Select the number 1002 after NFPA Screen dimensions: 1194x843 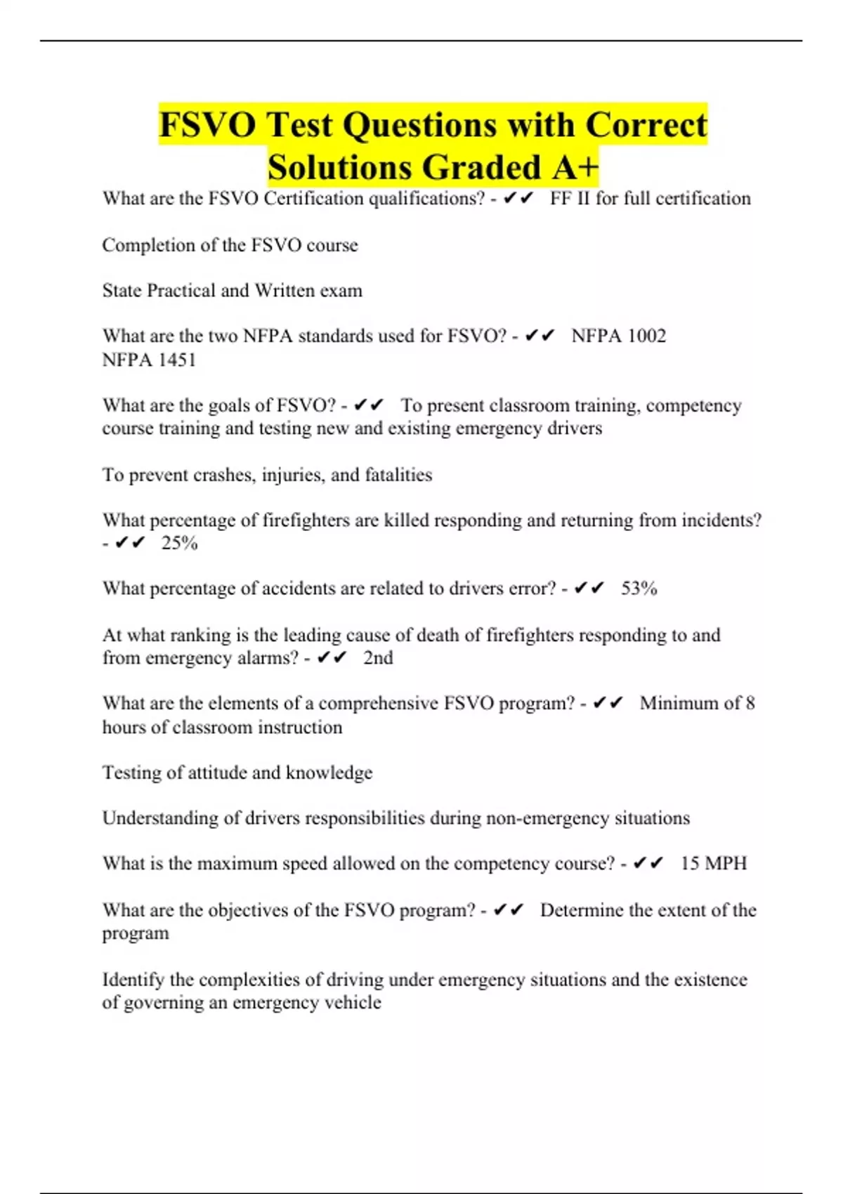(x=646, y=336)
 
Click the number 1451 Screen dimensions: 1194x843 (x=176, y=360)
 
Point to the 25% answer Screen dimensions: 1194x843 (x=179, y=543)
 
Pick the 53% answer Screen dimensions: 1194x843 (x=639, y=589)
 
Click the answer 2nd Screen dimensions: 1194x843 (x=378, y=658)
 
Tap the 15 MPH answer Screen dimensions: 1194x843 (x=713, y=863)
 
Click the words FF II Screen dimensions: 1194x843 (x=570, y=199)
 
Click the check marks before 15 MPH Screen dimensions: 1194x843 (x=647, y=863)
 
